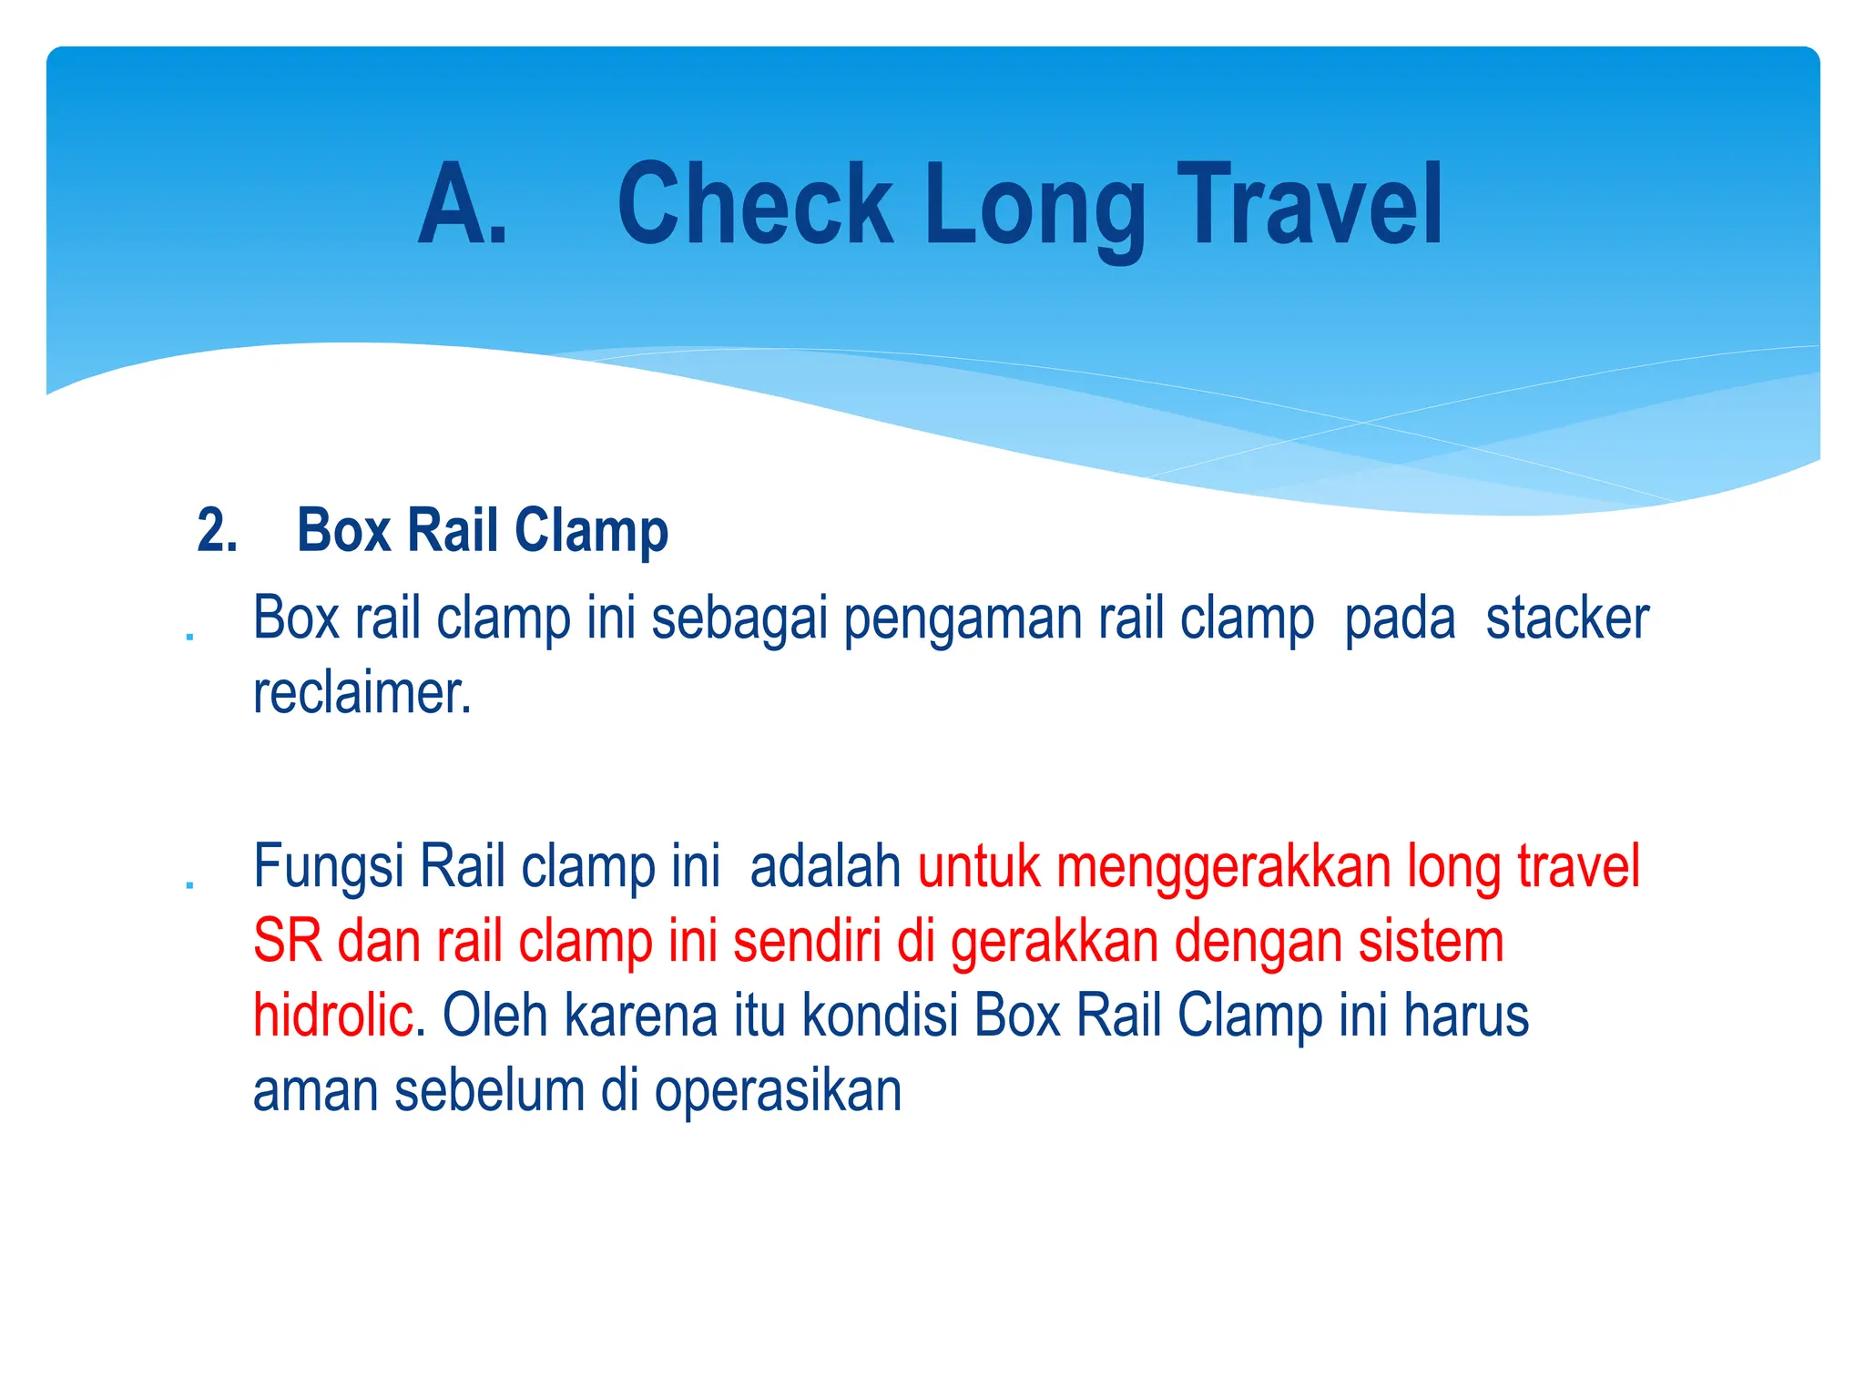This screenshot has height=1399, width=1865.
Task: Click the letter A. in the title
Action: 462,205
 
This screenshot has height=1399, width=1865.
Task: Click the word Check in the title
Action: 755,205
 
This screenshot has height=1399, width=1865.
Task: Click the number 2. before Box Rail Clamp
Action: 217,530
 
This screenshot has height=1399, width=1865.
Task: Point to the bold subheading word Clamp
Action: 591,531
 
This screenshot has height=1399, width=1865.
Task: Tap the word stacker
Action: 1566,618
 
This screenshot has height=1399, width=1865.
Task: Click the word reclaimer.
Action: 362,694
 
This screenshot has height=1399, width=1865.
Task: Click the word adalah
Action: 824,866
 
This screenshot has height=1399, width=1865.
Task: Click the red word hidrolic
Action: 333,1016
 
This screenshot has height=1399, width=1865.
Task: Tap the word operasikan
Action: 778,1092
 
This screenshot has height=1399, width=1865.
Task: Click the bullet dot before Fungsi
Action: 189,883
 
